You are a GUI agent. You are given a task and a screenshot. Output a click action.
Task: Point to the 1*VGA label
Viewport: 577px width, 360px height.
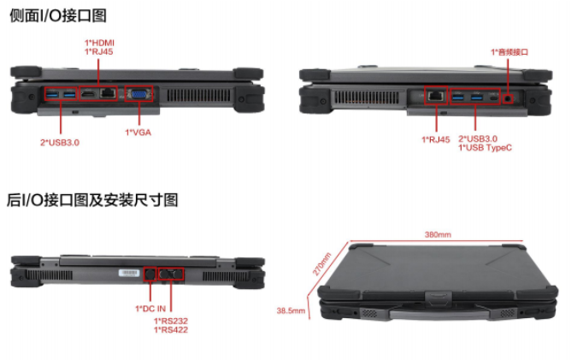click(x=138, y=132)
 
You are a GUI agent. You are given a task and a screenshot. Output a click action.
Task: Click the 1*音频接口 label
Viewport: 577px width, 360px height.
click(x=509, y=51)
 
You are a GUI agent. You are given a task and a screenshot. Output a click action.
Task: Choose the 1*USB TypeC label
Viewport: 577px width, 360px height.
click(x=486, y=147)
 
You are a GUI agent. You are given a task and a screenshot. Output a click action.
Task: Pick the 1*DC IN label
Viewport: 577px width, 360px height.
click(x=150, y=308)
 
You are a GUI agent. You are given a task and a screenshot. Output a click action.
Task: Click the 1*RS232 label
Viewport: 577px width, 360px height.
click(x=171, y=322)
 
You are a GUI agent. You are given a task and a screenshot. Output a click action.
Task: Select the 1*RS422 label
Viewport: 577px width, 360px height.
click(x=171, y=330)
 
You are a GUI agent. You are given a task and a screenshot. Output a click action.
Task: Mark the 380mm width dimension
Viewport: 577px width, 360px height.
click(x=437, y=233)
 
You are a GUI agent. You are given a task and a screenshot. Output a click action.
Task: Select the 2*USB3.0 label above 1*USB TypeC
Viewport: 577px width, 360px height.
click(x=479, y=138)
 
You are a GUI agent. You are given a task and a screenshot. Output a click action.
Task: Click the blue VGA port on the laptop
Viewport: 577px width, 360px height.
click(x=138, y=94)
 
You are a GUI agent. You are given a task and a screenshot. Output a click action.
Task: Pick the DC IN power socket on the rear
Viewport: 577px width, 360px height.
click(x=150, y=273)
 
